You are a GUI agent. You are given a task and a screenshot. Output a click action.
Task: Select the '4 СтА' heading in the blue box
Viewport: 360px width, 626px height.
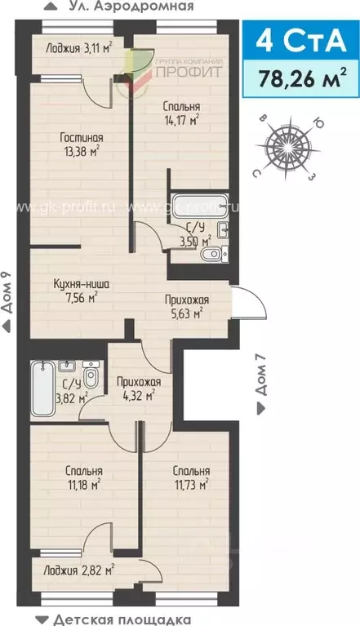pos(301,39)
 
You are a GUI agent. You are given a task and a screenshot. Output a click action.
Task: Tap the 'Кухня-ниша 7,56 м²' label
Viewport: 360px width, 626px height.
pos(81,291)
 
